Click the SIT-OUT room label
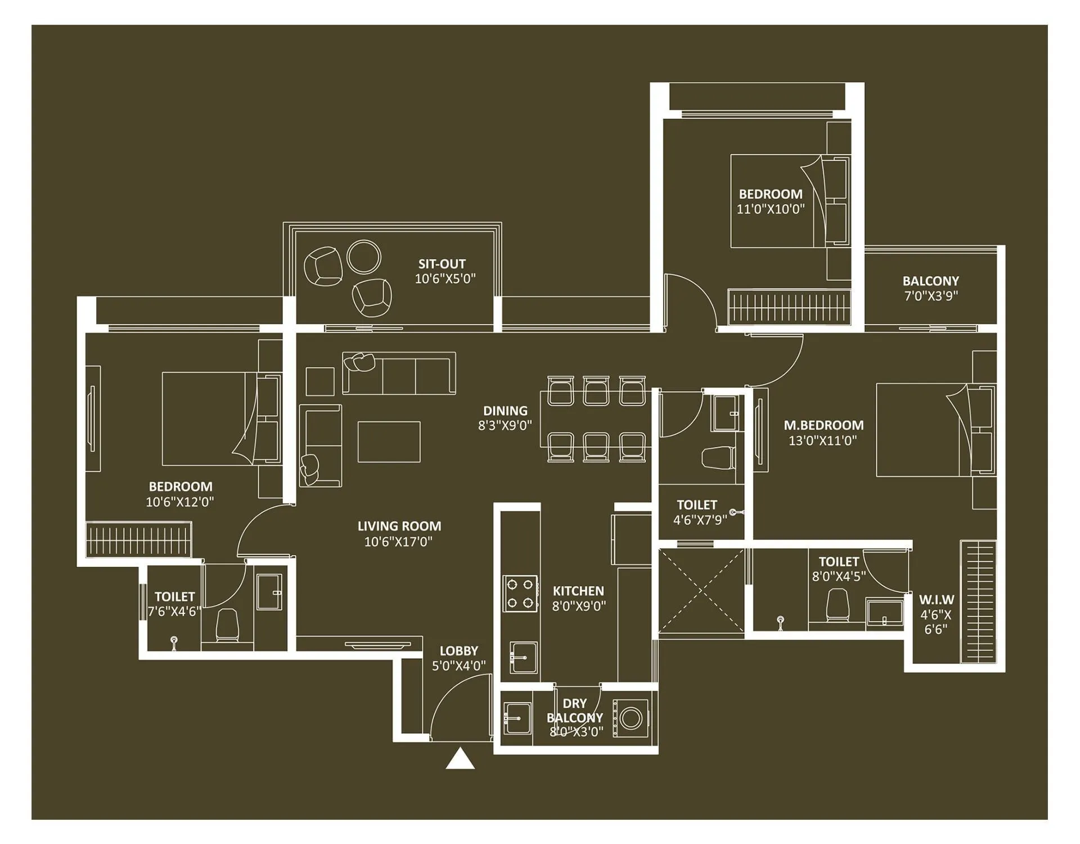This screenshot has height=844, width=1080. pyautogui.click(x=442, y=264)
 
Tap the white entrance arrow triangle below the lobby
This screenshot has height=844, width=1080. pyautogui.click(x=460, y=759)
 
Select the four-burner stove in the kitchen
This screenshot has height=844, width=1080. pyautogui.click(x=520, y=594)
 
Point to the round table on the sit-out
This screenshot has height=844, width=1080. pyautogui.click(x=364, y=257)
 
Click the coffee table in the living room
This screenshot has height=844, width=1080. pyautogui.click(x=389, y=442)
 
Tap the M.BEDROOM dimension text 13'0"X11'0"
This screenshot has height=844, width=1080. pyautogui.click(x=822, y=441)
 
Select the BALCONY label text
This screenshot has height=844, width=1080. pyautogui.click(x=930, y=281)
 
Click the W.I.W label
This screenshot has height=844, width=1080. pyautogui.click(x=937, y=600)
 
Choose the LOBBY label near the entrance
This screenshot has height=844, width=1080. pyautogui.click(x=458, y=651)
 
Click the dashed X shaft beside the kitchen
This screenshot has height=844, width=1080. pyautogui.click(x=701, y=592)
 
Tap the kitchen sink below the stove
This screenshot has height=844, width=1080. pyautogui.click(x=523, y=657)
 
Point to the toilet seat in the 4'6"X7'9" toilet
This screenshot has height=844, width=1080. pyautogui.click(x=718, y=457)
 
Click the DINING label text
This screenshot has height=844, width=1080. pyautogui.click(x=505, y=411)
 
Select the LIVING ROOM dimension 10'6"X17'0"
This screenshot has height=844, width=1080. pyautogui.click(x=398, y=542)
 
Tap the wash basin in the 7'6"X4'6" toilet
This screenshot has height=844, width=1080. pyautogui.click(x=269, y=592)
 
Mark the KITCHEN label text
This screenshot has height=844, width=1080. pyautogui.click(x=578, y=591)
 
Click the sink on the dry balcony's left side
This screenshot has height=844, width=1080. pyautogui.click(x=517, y=719)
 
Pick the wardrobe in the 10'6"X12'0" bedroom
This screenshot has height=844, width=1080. pyautogui.click(x=138, y=540)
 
